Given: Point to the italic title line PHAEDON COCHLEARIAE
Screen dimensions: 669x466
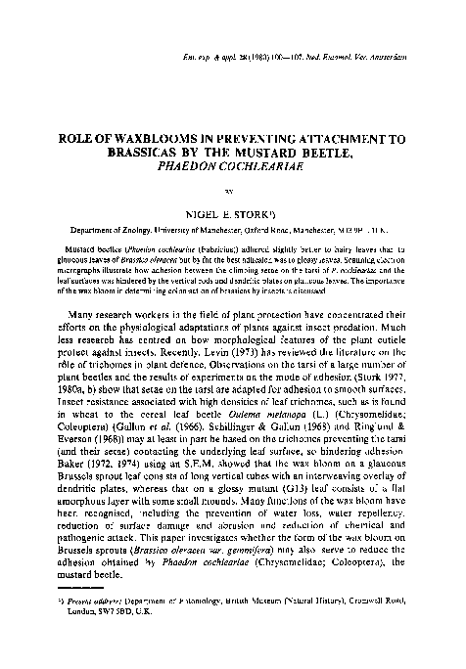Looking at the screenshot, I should pos(233,167).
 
